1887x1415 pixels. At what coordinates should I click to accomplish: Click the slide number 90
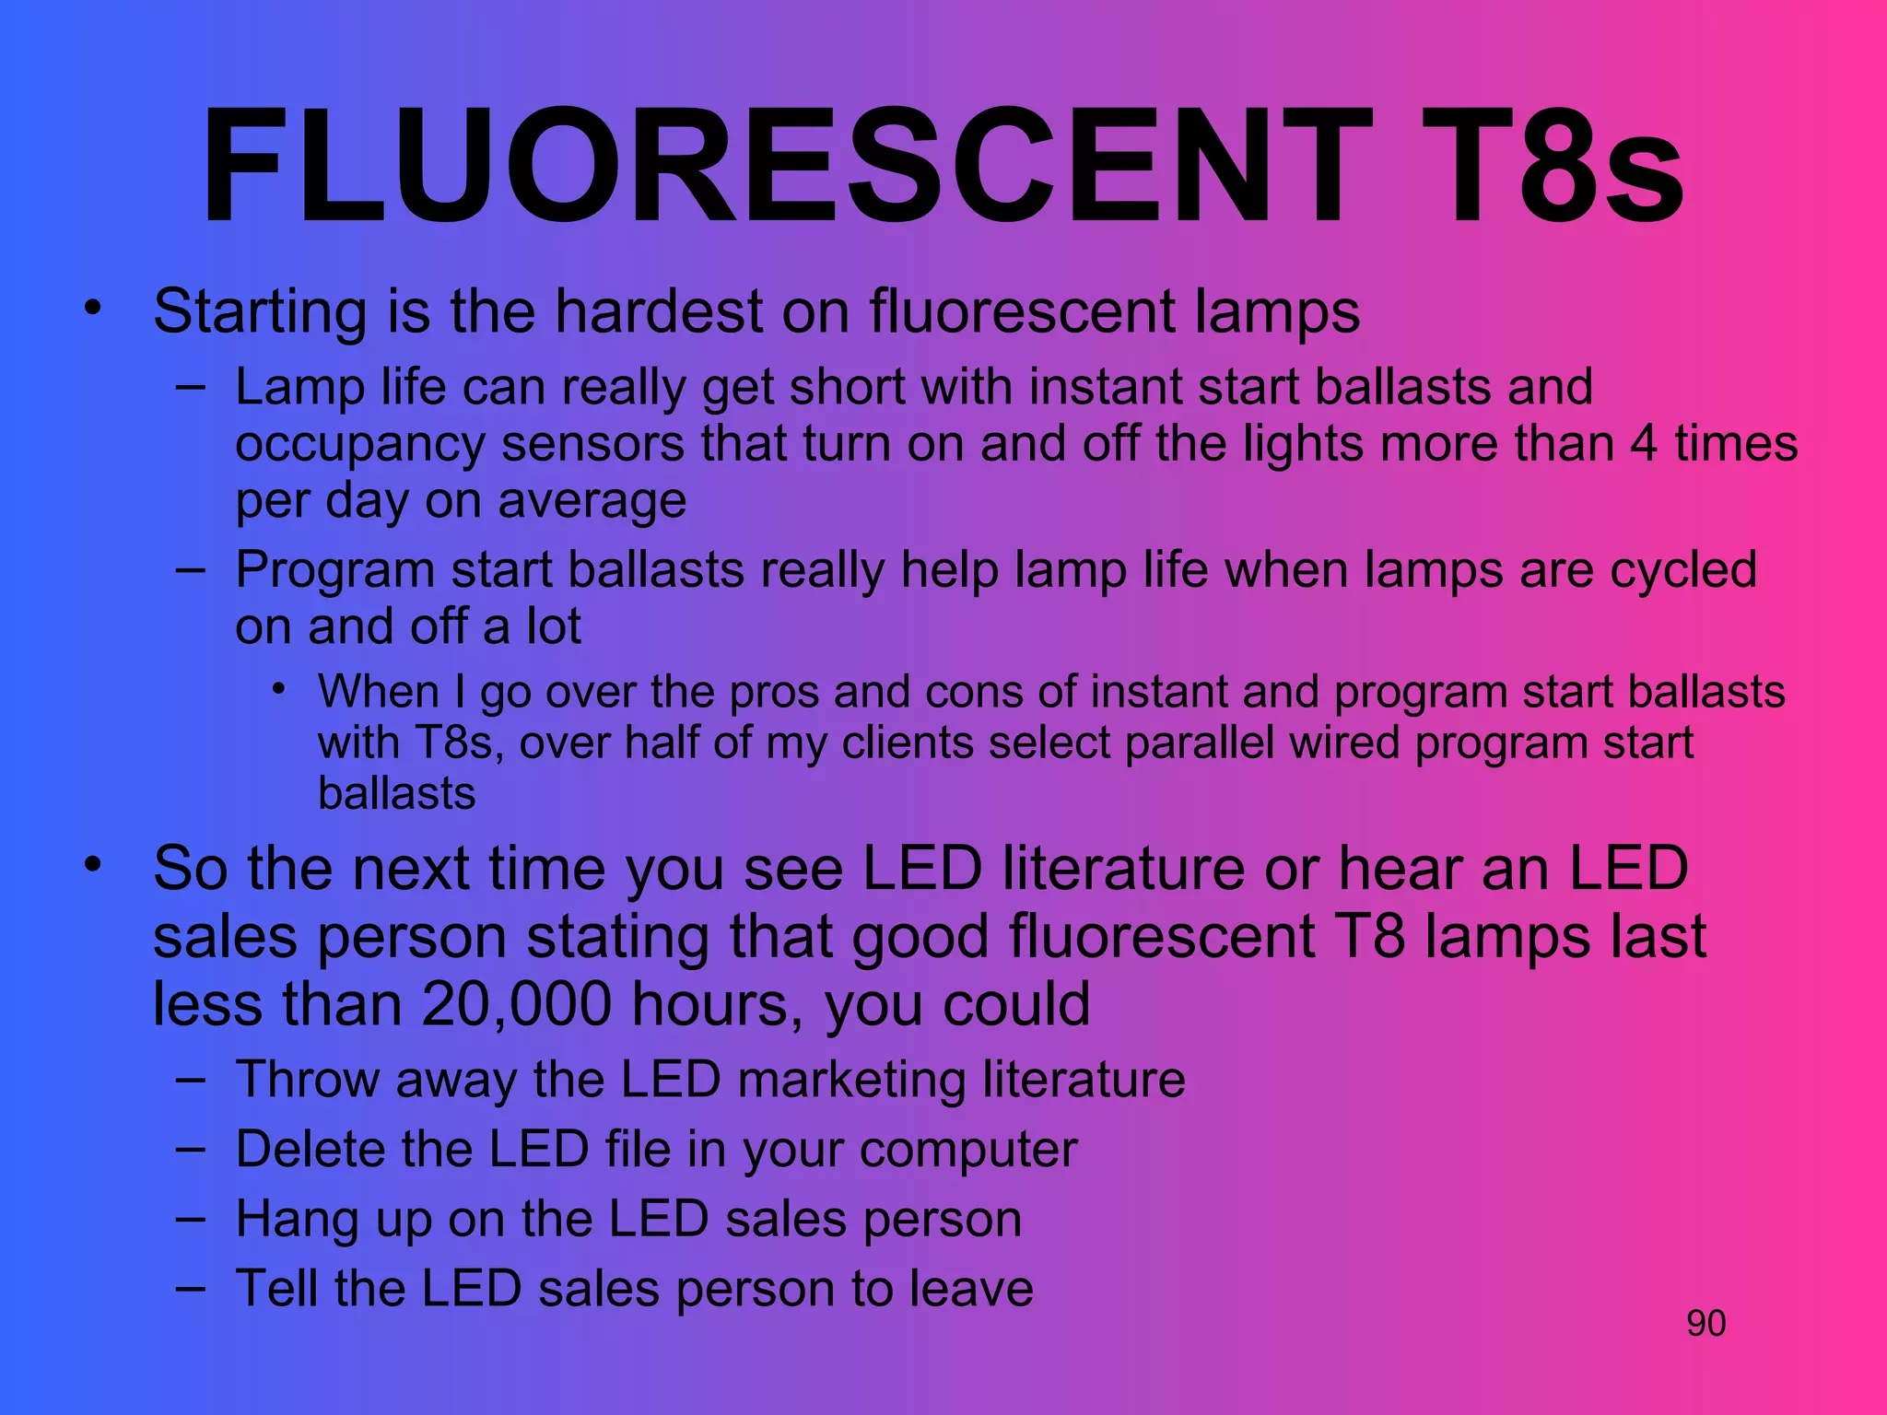(x=1705, y=1323)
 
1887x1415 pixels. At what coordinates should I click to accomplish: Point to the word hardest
(x=658, y=311)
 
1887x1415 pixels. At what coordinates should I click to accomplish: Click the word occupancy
(x=359, y=444)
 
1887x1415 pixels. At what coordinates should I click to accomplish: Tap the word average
(x=592, y=501)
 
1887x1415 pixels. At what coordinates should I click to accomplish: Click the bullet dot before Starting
(x=92, y=309)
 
